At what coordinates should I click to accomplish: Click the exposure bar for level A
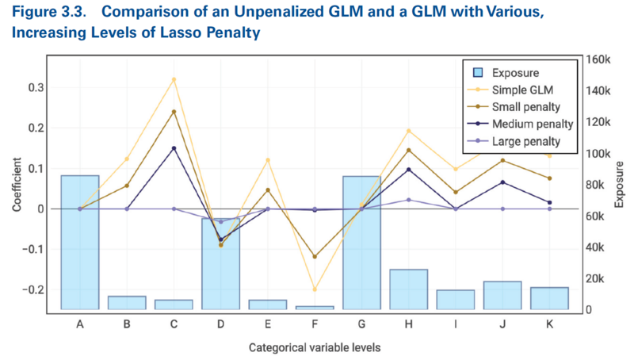[x=80, y=242]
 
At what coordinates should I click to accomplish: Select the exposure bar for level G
[x=361, y=242]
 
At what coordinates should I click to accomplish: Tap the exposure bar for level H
[x=408, y=289]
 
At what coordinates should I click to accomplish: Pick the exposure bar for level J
[x=502, y=295]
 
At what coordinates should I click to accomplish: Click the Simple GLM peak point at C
[x=174, y=79]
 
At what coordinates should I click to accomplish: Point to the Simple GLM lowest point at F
[x=315, y=289]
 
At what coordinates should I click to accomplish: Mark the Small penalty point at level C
[x=174, y=112]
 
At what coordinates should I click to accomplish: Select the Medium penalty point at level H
[x=408, y=170]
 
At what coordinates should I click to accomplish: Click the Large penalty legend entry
[x=525, y=142]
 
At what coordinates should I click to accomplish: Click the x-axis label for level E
[x=268, y=324]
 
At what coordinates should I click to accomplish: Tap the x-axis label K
[x=548, y=324]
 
